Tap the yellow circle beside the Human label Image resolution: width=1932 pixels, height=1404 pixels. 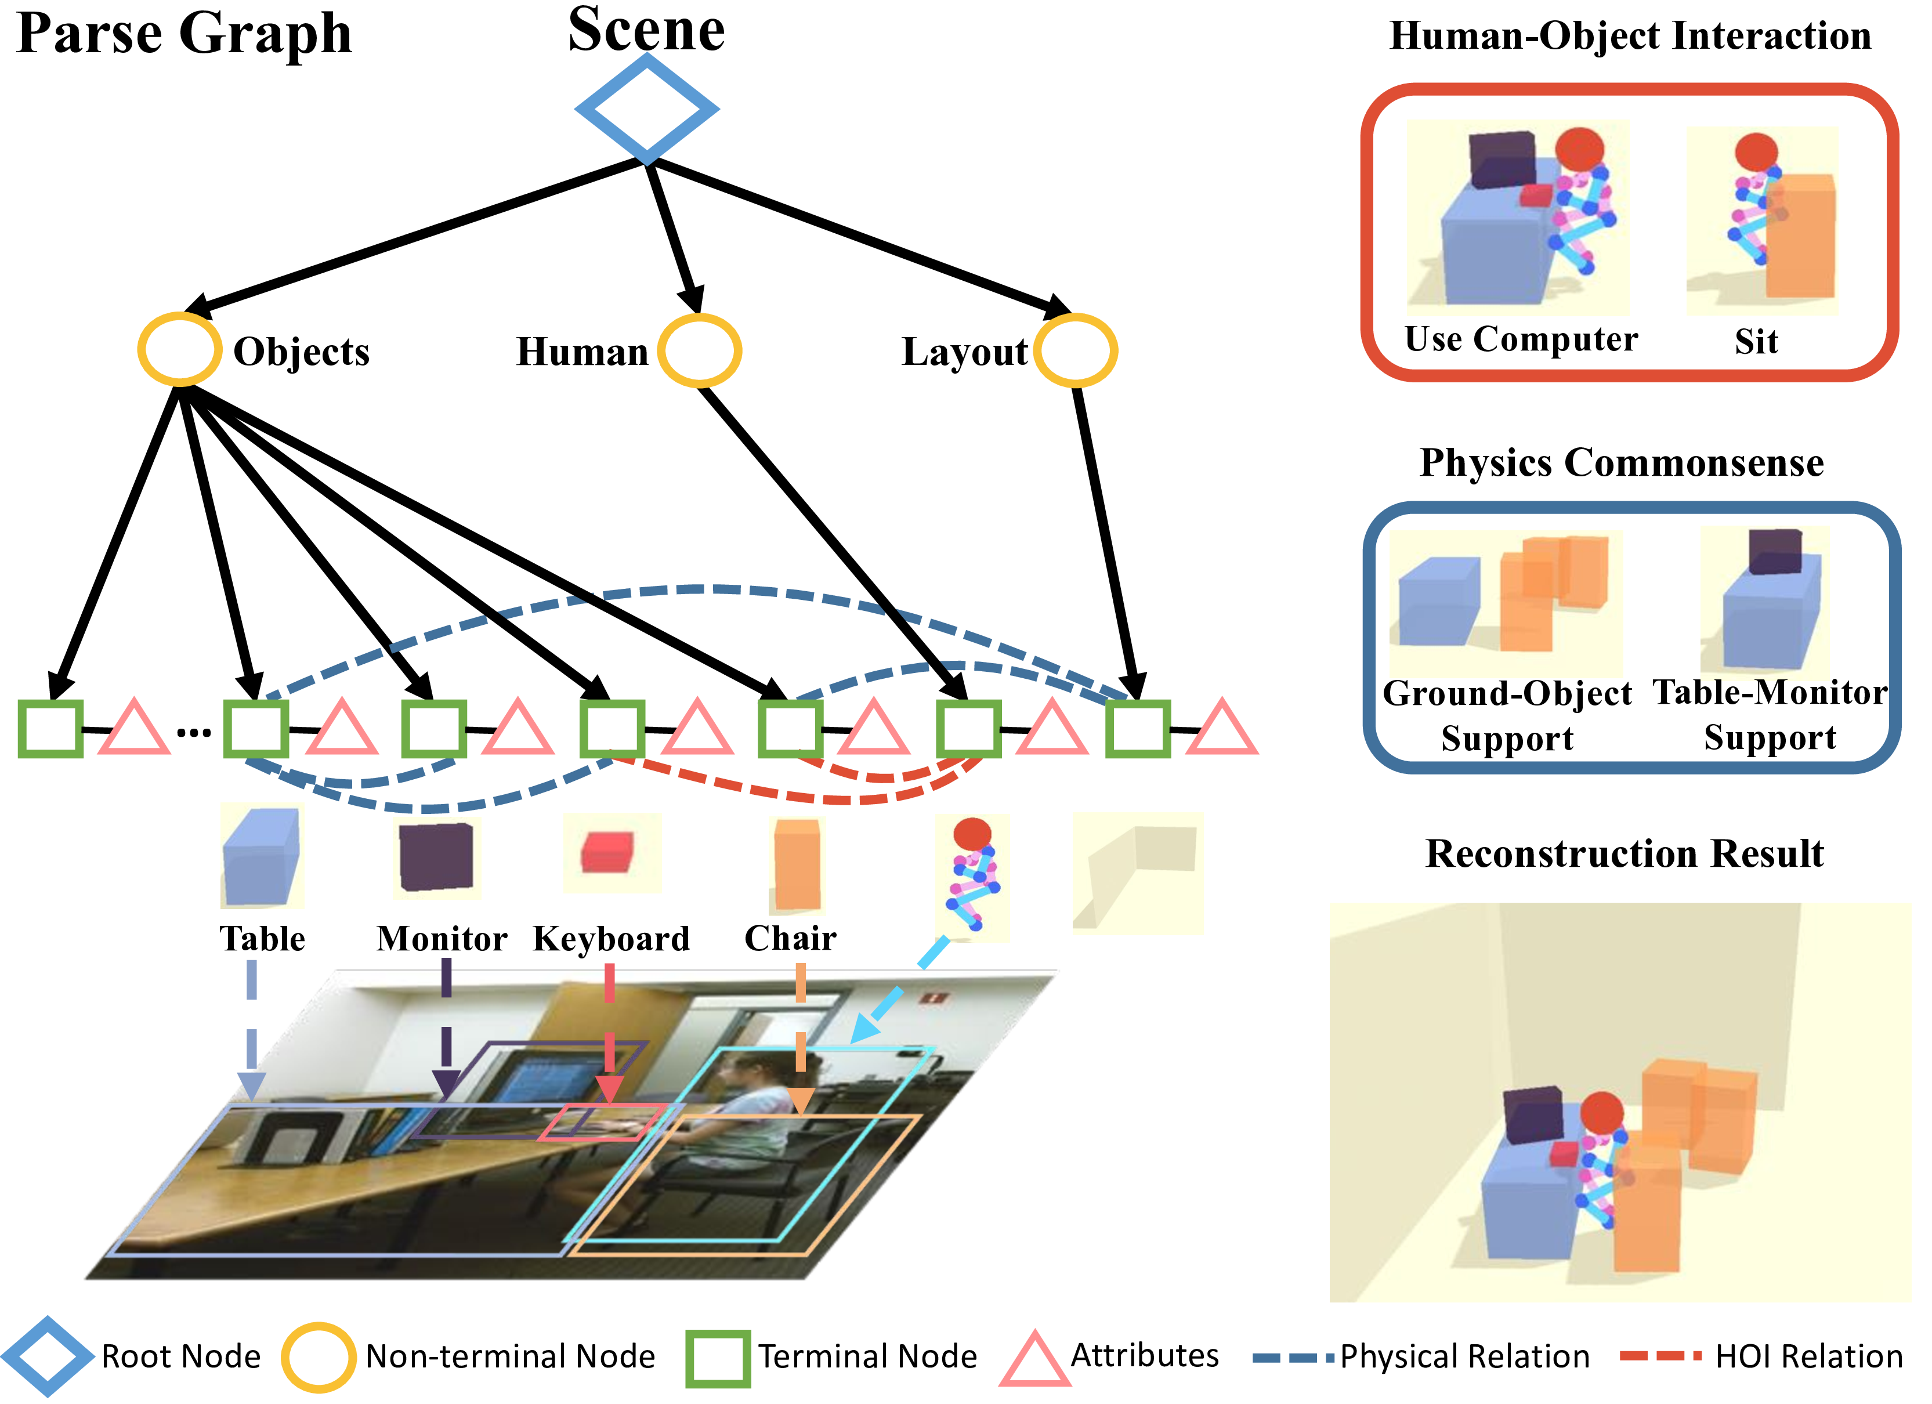[x=699, y=350]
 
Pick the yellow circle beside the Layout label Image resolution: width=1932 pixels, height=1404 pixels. [x=1075, y=350]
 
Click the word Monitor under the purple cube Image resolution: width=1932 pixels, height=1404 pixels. [x=442, y=939]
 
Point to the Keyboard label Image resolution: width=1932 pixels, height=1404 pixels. [x=611, y=939]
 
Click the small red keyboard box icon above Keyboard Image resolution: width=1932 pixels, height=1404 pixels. [x=607, y=852]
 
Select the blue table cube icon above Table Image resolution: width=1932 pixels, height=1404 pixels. [x=261, y=856]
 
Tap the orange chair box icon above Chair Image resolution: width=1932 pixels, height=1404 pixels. [x=797, y=864]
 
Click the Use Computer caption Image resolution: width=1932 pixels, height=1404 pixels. [x=1521, y=339]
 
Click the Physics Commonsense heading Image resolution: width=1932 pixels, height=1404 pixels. [x=1621, y=462]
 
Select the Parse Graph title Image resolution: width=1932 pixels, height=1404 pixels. [x=183, y=34]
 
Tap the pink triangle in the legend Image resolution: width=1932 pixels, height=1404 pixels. [x=1034, y=1360]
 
